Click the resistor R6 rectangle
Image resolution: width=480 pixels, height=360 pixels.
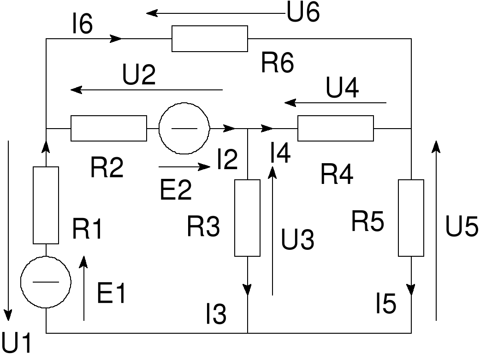pos(210,39)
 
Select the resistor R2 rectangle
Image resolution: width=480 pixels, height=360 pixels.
pos(108,128)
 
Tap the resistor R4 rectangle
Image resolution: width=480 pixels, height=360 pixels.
pos(336,129)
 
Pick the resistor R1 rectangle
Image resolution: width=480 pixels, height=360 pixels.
pos(46,205)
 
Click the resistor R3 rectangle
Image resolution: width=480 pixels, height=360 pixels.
pos(248,218)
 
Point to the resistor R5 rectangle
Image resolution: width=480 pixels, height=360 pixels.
pos(411,218)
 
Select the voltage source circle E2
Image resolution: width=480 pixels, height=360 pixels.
pos(184,128)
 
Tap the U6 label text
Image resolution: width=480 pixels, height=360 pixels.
pos(303,13)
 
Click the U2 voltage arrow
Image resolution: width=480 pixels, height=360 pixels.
pos(147,89)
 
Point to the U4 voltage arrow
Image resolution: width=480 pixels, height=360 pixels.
pos(335,102)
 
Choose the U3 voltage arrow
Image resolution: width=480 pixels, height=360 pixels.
pos(273,230)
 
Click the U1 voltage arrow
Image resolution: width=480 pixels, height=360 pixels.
pos(8,230)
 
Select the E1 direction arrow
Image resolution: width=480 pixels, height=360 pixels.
pos(83,288)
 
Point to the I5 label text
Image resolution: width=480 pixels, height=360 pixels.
pos(385,305)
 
